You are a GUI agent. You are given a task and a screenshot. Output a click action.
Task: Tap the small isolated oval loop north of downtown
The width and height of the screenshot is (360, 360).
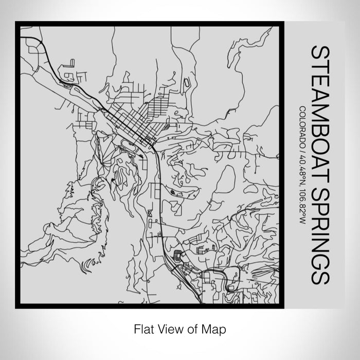[187, 82]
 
